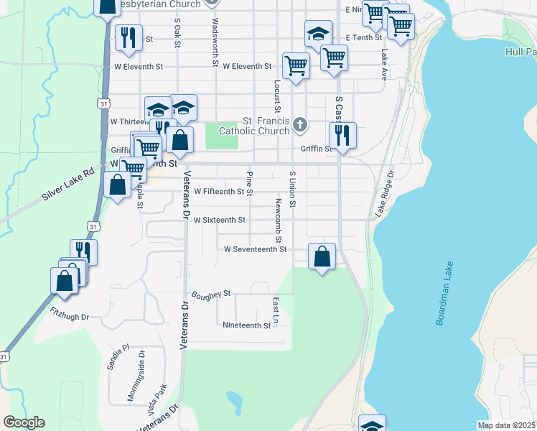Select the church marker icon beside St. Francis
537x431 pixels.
pyautogui.click(x=301, y=125)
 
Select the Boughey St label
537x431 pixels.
pyautogui.click(x=210, y=294)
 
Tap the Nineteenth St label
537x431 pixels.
pyautogui.click(x=246, y=325)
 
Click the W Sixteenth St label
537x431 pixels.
pyautogui.click(x=220, y=220)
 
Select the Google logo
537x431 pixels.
pyautogui.click(x=24, y=422)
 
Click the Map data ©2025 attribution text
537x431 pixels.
pyautogui.click(x=506, y=425)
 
